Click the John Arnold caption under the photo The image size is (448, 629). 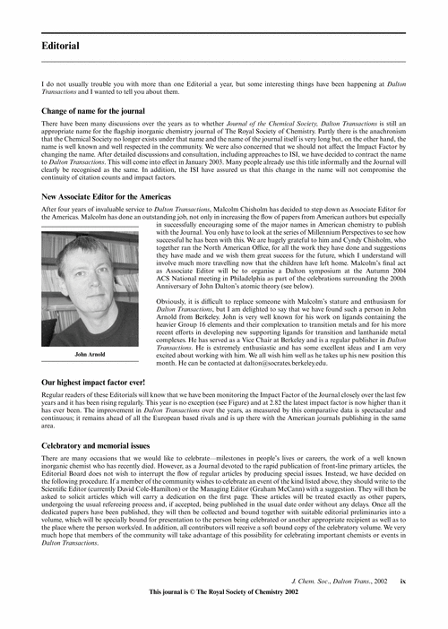[90, 380]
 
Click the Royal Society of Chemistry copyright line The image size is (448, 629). [223, 593]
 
